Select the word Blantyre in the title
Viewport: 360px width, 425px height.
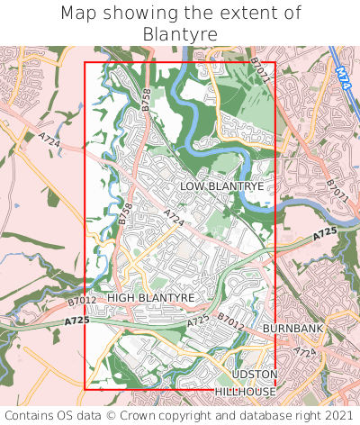[x=180, y=34]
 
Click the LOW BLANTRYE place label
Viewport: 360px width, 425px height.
[x=221, y=185]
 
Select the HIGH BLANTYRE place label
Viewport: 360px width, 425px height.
[x=151, y=297]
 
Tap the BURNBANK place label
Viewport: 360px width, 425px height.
[x=292, y=330]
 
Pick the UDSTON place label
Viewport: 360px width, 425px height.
[x=255, y=374]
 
